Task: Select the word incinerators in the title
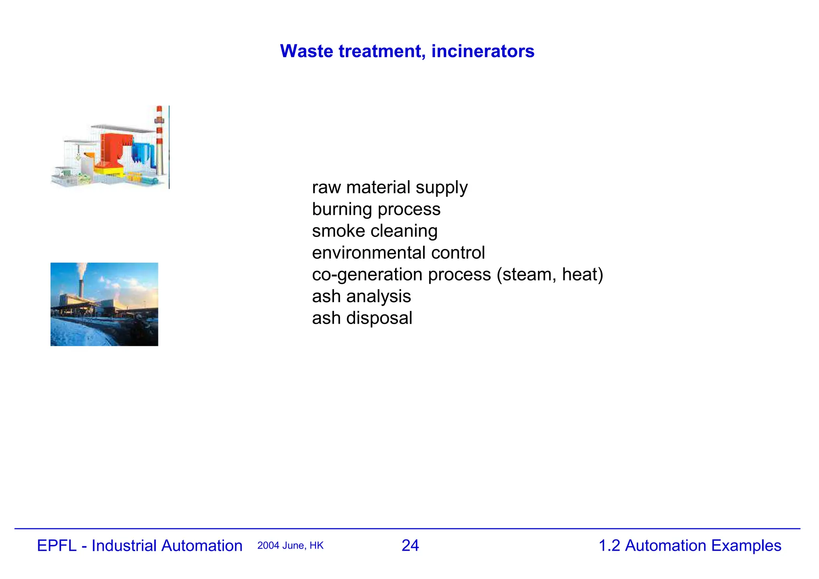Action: [483, 51]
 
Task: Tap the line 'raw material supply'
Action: [390, 187]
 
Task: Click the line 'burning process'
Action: [376, 209]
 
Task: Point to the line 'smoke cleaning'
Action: [375, 231]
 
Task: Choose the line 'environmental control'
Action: [398, 253]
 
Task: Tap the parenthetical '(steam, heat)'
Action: [550, 275]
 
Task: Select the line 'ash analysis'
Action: [362, 296]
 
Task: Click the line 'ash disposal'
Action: [362, 318]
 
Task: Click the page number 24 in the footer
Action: [410, 546]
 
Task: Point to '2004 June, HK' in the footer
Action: [290, 546]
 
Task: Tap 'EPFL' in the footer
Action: [56, 546]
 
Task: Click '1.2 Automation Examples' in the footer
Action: [690, 546]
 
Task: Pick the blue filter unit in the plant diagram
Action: [142, 152]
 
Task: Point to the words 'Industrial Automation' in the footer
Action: [167, 546]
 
